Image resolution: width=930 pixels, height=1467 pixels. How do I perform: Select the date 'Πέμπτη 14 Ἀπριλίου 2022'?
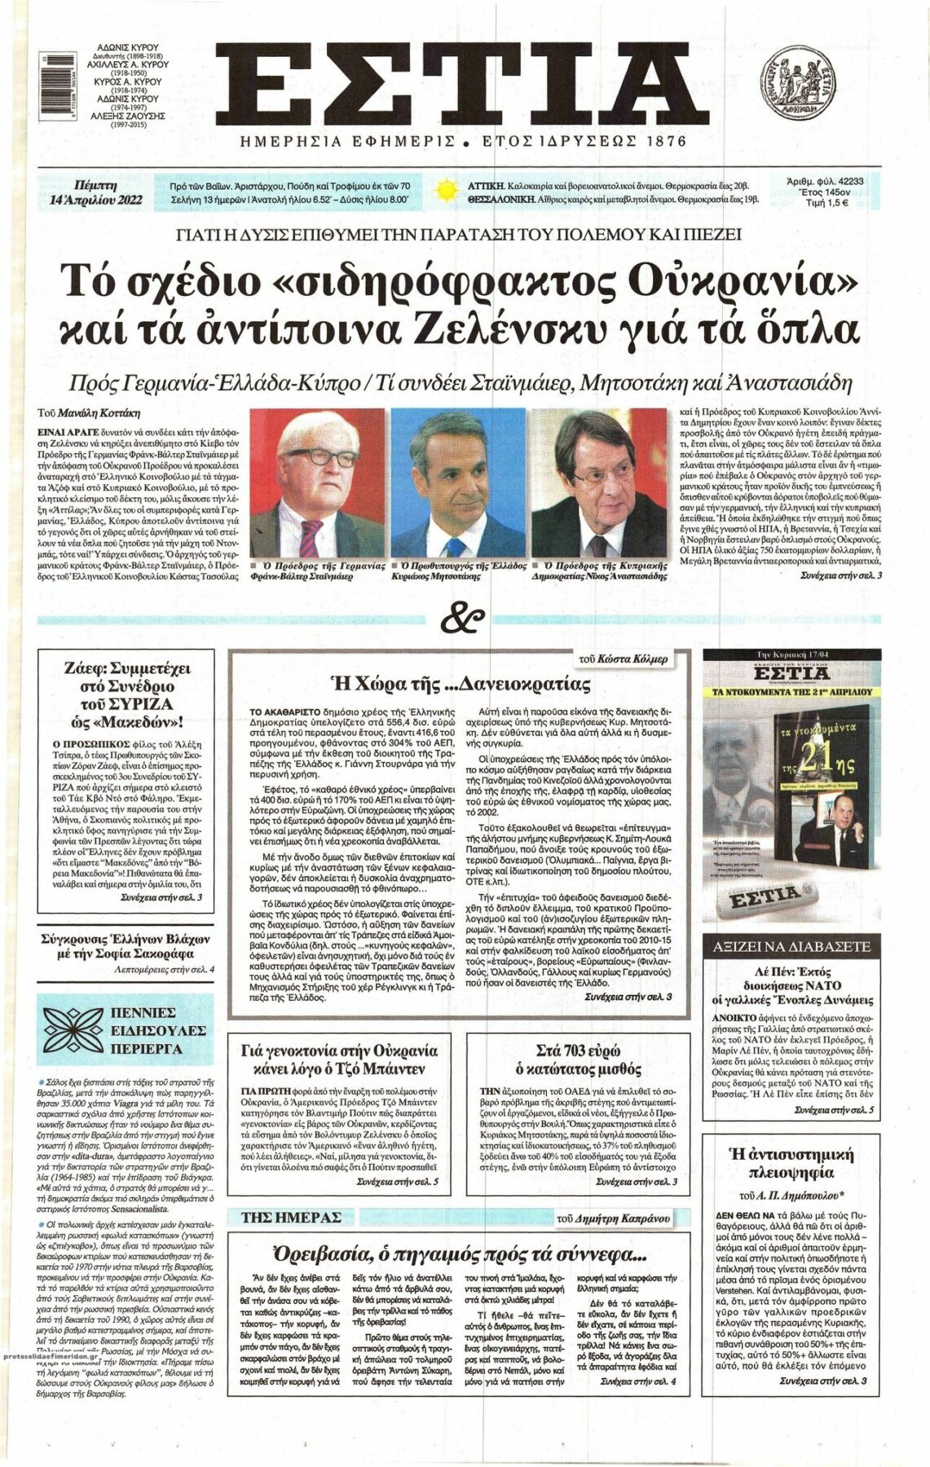pos(95,192)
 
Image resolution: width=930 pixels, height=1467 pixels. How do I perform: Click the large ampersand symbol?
pos(463,620)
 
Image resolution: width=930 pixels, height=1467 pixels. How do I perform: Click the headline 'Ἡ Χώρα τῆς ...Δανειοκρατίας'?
pos(459,683)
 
